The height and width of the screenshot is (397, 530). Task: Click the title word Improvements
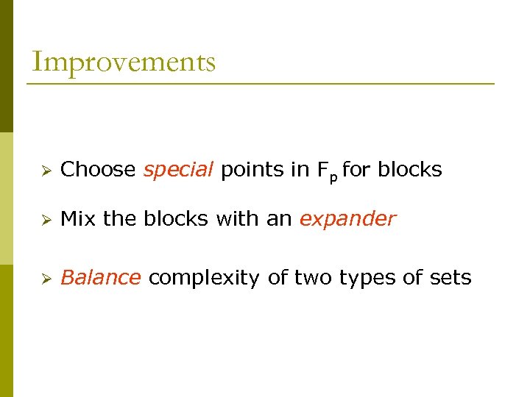tap(124, 62)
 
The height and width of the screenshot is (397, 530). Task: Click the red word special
tap(178, 170)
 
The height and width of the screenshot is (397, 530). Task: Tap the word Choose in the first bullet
tap(98, 170)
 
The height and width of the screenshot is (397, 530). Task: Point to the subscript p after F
tap(333, 176)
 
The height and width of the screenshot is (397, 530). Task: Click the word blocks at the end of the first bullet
tap(410, 170)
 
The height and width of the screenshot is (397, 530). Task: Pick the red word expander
tap(347, 219)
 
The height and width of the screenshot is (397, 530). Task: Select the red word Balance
tap(100, 278)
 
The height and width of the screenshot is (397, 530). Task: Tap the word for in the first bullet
tap(357, 170)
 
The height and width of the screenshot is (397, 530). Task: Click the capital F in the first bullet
tap(322, 170)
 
